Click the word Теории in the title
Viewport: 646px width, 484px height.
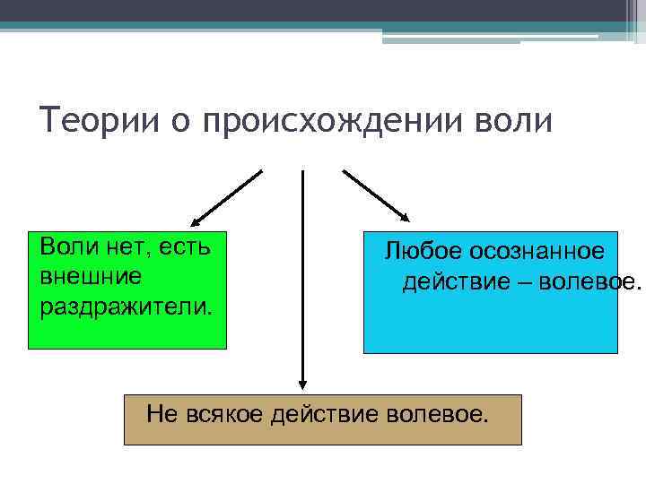[90, 121]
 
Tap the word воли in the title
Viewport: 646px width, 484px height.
[511, 121]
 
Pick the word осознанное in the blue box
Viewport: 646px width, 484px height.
[538, 253]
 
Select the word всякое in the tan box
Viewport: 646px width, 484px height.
[226, 414]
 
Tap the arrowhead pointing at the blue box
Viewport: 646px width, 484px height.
[405, 217]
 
